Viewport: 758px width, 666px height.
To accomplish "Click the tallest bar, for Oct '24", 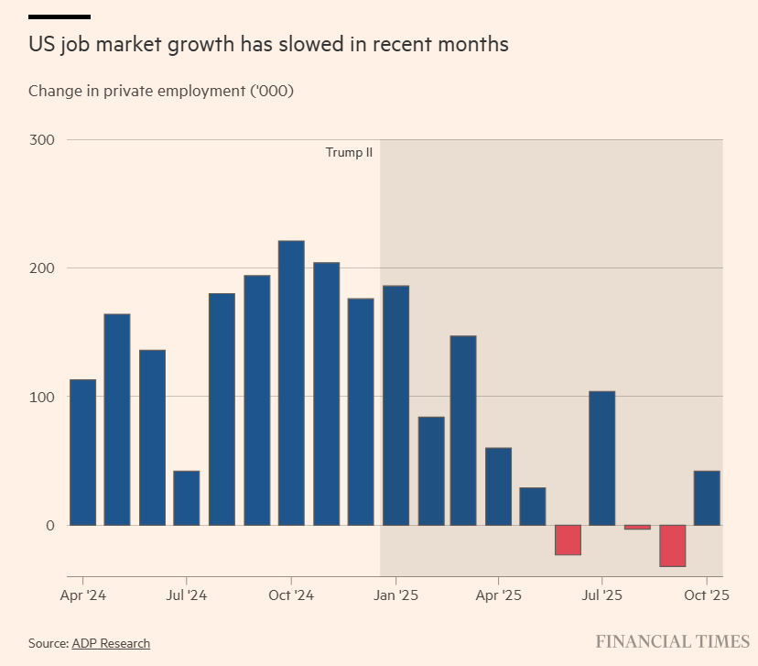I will click(x=291, y=383).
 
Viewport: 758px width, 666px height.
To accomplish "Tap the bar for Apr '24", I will click(x=82, y=452).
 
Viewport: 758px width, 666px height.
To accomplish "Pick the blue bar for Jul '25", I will click(x=601, y=458).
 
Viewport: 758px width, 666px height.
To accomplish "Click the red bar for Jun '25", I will click(x=568, y=540).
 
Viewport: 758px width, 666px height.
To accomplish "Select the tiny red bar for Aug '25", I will click(x=637, y=527).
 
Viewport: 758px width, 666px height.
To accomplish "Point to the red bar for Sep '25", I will click(x=672, y=545).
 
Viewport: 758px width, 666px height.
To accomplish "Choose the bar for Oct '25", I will click(x=707, y=497).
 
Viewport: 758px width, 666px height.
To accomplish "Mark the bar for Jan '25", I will click(x=395, y=405).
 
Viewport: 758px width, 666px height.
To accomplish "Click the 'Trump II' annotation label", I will click(x=349, y=152).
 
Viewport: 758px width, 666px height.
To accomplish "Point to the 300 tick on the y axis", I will click(x=45, y=140).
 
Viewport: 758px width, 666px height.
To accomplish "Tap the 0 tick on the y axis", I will click(x=51, y=525).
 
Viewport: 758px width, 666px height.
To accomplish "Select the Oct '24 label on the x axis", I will click(x=291, y=595).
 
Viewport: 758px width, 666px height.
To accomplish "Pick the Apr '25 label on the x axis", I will click(x=499, y=595).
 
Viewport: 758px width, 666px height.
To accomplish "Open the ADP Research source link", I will click(x=111, y=643).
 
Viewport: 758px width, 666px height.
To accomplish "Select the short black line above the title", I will click(x=60, y=16).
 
